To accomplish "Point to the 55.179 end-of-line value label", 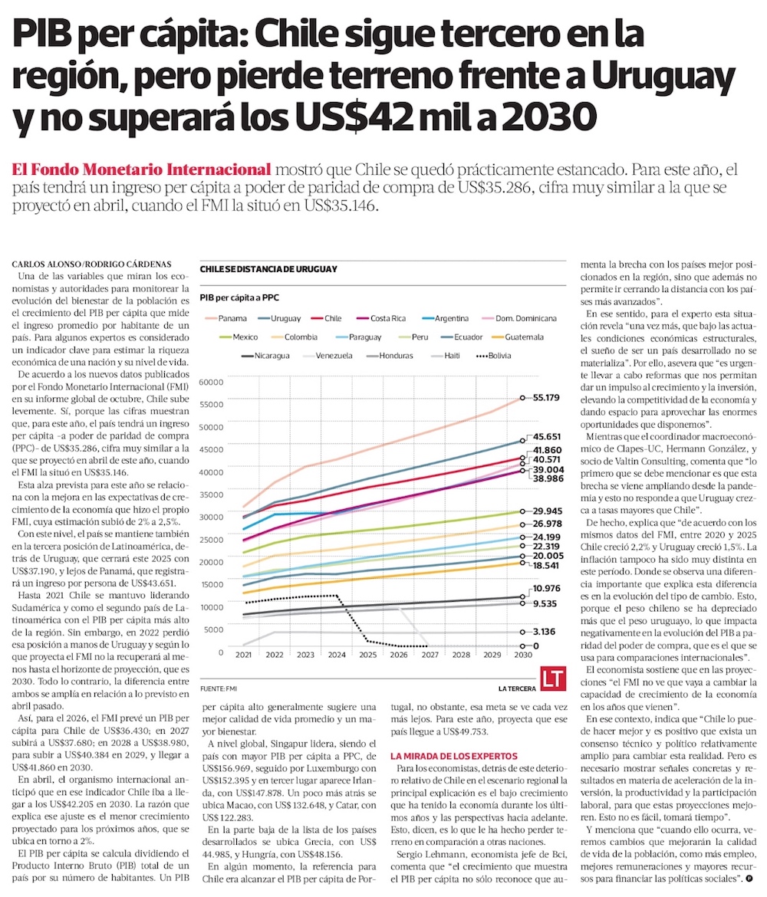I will pos(548,398).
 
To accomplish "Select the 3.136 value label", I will pos(545,632).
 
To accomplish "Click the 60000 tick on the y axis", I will pos(212,381).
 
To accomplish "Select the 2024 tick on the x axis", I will pos(336,655).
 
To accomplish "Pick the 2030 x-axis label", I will pos(523,655).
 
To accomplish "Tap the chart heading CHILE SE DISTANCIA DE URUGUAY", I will pos(268,269).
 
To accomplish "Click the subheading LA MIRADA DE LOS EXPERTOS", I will pos(453,757).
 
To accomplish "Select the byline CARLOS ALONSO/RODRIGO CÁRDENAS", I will pos(92,264).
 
